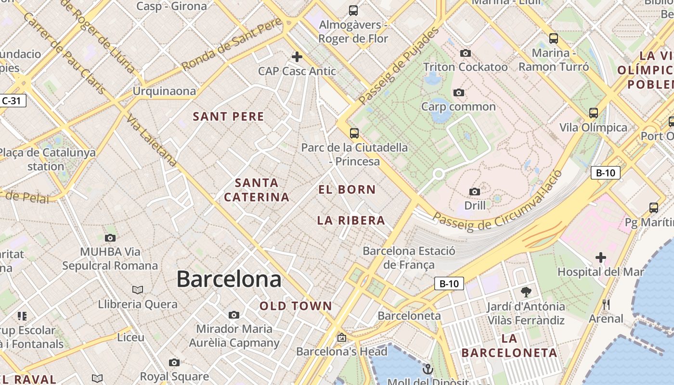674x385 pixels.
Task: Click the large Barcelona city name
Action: (229, 279)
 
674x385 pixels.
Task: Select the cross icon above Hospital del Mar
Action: (600, 257)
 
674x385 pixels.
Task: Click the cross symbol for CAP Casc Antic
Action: (297, 57)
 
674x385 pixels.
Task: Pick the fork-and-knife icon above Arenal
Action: (606, 304)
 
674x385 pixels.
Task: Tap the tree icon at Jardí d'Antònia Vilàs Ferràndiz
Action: (526, 292)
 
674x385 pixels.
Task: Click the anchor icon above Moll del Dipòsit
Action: (428, 370)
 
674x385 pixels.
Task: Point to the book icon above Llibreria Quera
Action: (138, 290)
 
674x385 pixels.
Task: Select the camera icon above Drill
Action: (475, 192)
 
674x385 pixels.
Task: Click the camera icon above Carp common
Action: (458, 92)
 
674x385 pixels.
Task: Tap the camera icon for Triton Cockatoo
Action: (465, 53)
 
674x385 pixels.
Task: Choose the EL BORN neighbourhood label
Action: (347, 190)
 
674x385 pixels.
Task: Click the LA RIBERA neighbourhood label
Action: (351, 220)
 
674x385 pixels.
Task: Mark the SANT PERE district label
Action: (228, 116)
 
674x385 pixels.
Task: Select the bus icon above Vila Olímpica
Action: (594, 113)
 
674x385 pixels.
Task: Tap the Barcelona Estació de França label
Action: (409, 257)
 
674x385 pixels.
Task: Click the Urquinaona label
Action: (164, 91)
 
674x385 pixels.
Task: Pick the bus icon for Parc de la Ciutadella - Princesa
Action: (354, 133)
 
